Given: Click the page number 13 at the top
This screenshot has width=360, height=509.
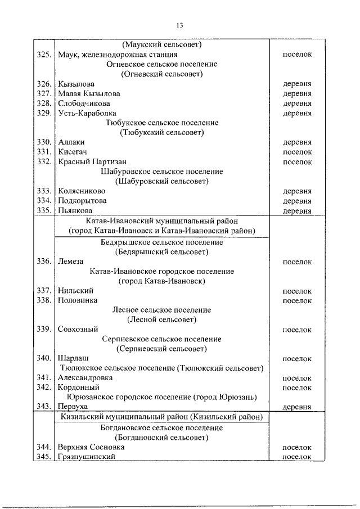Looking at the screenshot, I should pyautogui.click(x=180, y=25).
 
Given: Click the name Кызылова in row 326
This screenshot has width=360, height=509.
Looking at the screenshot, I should pyautogui.click(x=76, y=84).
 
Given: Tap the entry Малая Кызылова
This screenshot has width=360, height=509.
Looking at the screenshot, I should pyautogui.click(x=89, y=93).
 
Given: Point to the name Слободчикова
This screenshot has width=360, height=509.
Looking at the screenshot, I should pyautogui.click(x=84, y=103).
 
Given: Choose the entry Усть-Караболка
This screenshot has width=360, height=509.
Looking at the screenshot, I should pyautogui.click(x=87, y=113).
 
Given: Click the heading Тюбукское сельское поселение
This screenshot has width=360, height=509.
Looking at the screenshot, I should pyautogui.click(x=161, y=123).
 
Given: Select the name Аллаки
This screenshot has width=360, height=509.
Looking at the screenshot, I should pyautogui.click(x=71, y=142).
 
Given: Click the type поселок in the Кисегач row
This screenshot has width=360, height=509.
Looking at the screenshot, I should pyautogui.click(x=297, y=152).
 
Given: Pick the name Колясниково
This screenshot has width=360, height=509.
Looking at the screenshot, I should pyautogui.click(x=82, y=191).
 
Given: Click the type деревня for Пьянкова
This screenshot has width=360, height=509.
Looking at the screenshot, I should pyautogui.click(x=297, y=211).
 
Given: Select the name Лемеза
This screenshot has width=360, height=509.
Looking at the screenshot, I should pyautogui.click(x=71, y=262).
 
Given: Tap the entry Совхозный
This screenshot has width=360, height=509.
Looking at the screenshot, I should pyautogui.click(x=78, y=330).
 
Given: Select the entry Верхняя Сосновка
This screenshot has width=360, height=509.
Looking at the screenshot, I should pyautogui.click(x=91, y=447).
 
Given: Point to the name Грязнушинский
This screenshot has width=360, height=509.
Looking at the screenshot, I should pyautogui.click(x=87, y=456).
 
